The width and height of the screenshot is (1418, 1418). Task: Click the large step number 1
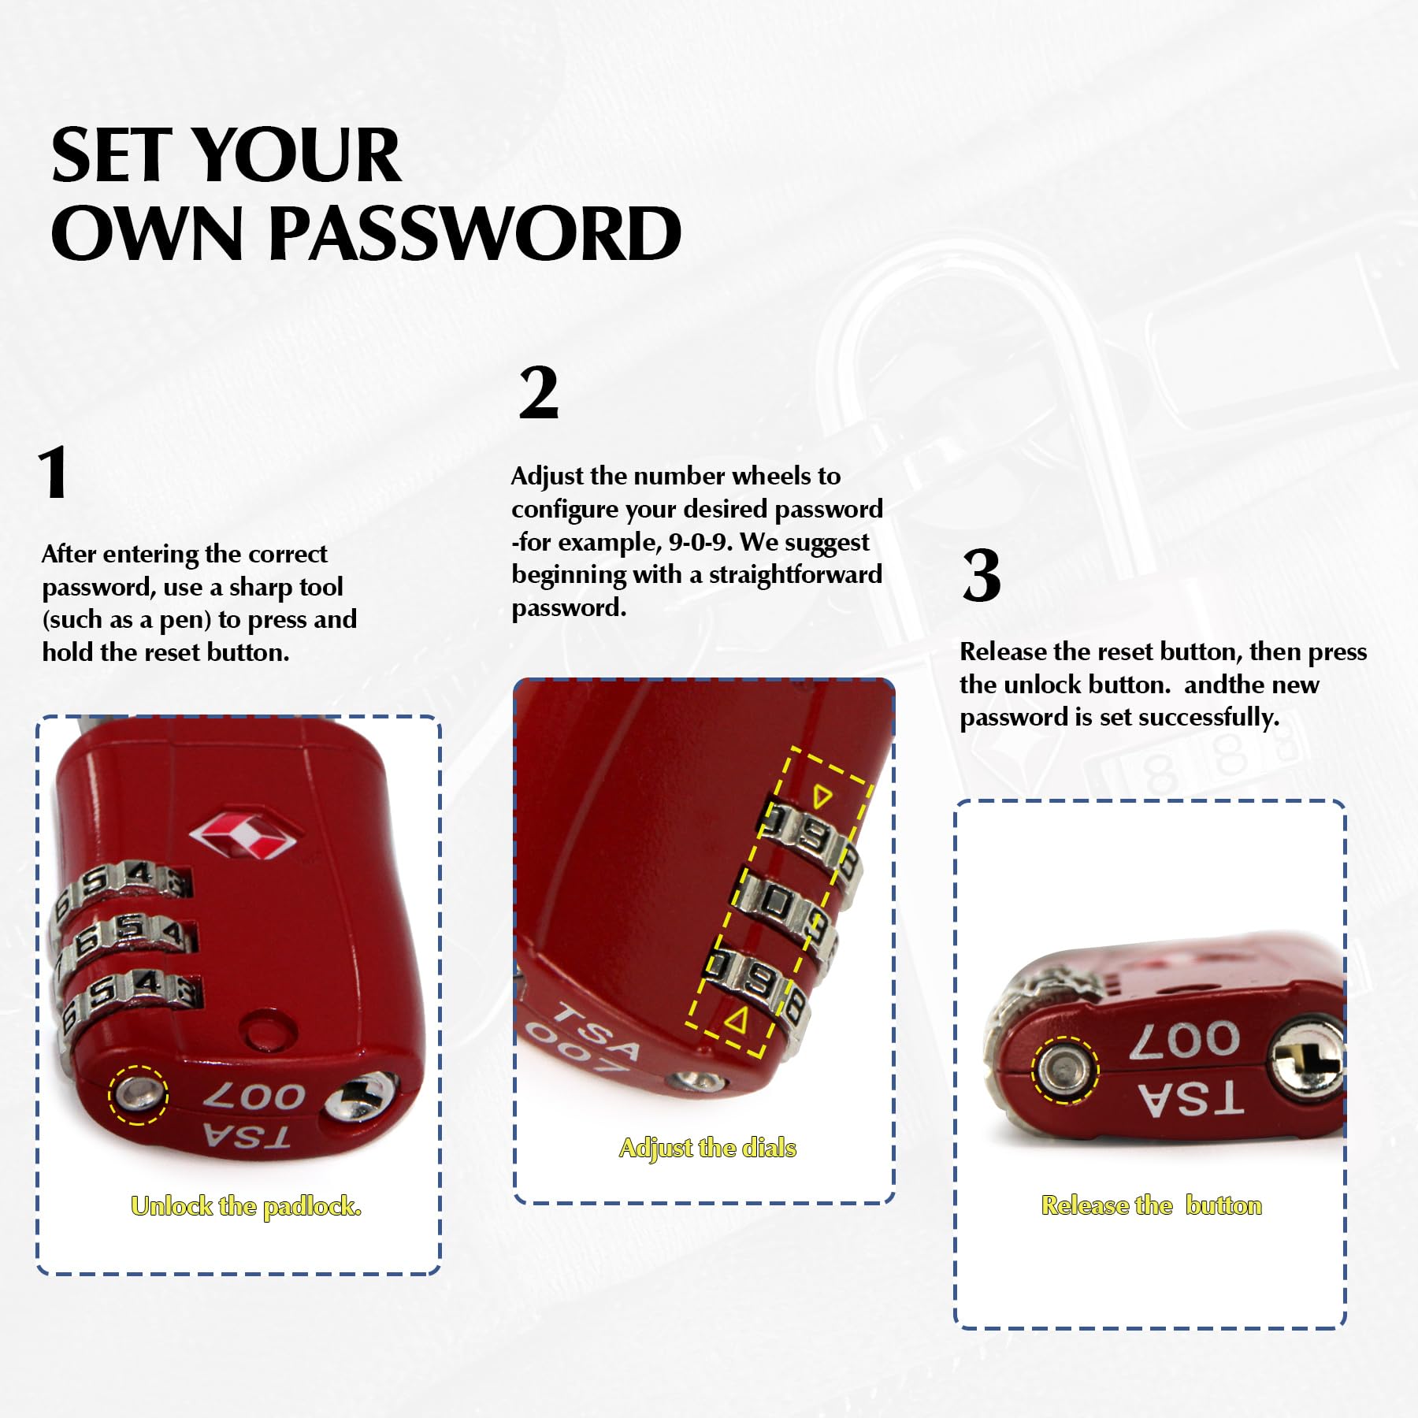(x=54, y=472)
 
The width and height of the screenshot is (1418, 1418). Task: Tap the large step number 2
(x=539, y=392)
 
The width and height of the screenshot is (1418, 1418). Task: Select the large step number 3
(x=982, y=575)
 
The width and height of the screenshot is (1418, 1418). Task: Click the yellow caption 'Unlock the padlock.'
(x=246, y=1206)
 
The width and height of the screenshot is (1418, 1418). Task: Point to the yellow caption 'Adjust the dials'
(x=707, y=1148)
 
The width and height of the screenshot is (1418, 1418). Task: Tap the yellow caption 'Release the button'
(x=1151, y=1205)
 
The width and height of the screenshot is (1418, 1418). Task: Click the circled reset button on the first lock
(x=138, y=1093)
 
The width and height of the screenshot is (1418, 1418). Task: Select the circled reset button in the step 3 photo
(x=1065, y=1069)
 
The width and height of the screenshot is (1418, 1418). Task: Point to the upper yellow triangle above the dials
(x=822, y=796)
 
